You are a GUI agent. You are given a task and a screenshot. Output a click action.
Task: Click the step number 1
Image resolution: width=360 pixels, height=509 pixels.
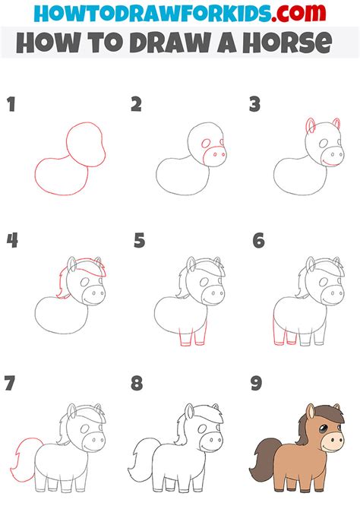coord(11,106)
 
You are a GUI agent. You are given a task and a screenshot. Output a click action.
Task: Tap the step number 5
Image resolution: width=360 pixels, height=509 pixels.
coord(139,242)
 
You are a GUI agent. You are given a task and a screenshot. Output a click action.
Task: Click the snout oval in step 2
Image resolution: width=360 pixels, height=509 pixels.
coord(215,156)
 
